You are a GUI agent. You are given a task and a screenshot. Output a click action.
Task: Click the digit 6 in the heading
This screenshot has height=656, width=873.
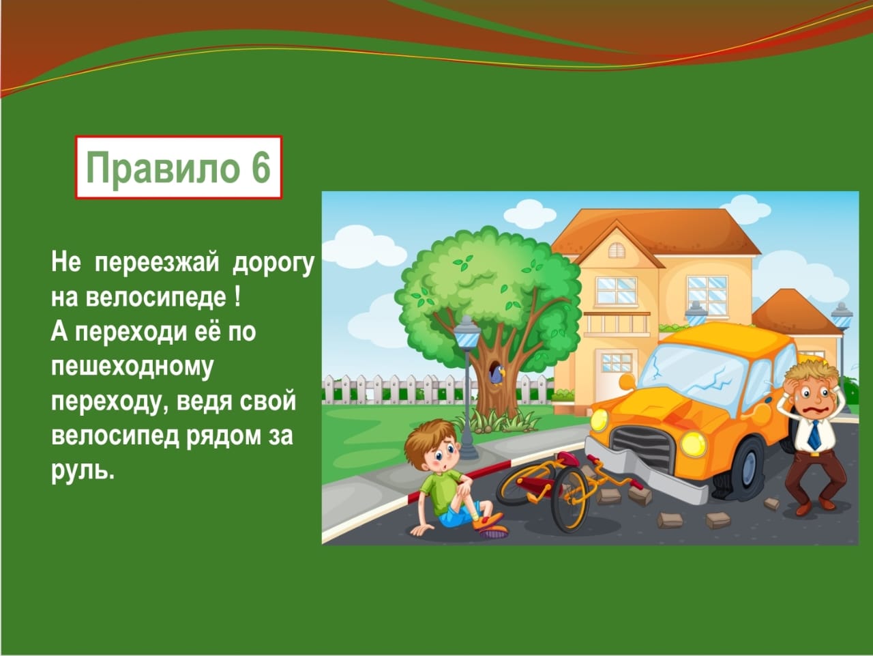click(260, 167)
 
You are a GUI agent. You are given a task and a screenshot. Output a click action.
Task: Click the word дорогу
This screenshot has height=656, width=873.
click(273, 263)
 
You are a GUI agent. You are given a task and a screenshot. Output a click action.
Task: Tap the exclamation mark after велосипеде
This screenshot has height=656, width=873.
click(237, 296)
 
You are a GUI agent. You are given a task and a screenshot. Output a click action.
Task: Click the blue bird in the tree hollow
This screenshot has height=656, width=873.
click(497, 375)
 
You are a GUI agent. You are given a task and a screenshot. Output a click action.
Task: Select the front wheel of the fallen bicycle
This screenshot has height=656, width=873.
click(570, 501)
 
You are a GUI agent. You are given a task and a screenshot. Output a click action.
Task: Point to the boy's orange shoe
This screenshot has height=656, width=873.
click(488, 520)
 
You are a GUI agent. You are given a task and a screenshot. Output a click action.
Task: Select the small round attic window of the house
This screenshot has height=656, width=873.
click(617, 249)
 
